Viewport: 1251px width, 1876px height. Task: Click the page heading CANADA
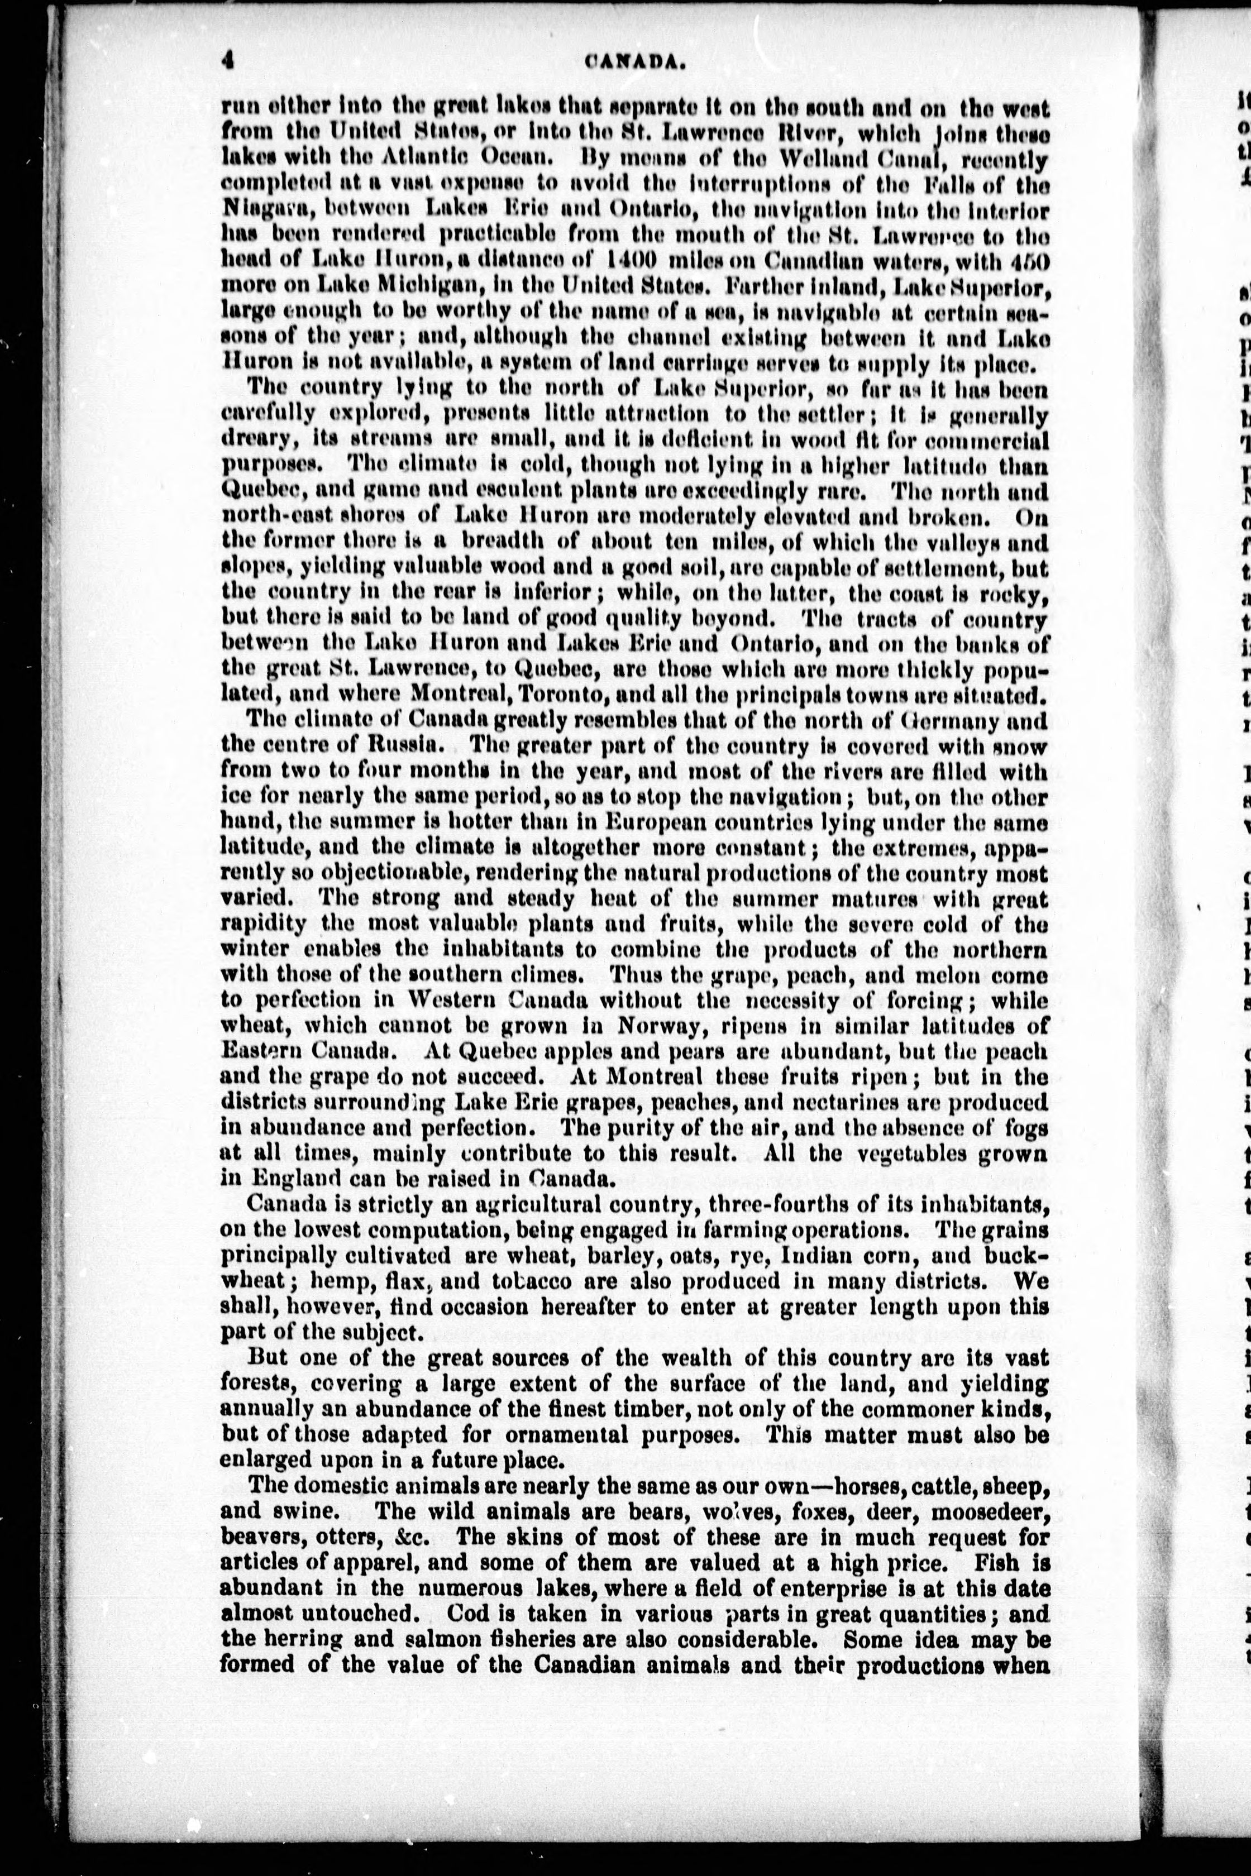[636, 62]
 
